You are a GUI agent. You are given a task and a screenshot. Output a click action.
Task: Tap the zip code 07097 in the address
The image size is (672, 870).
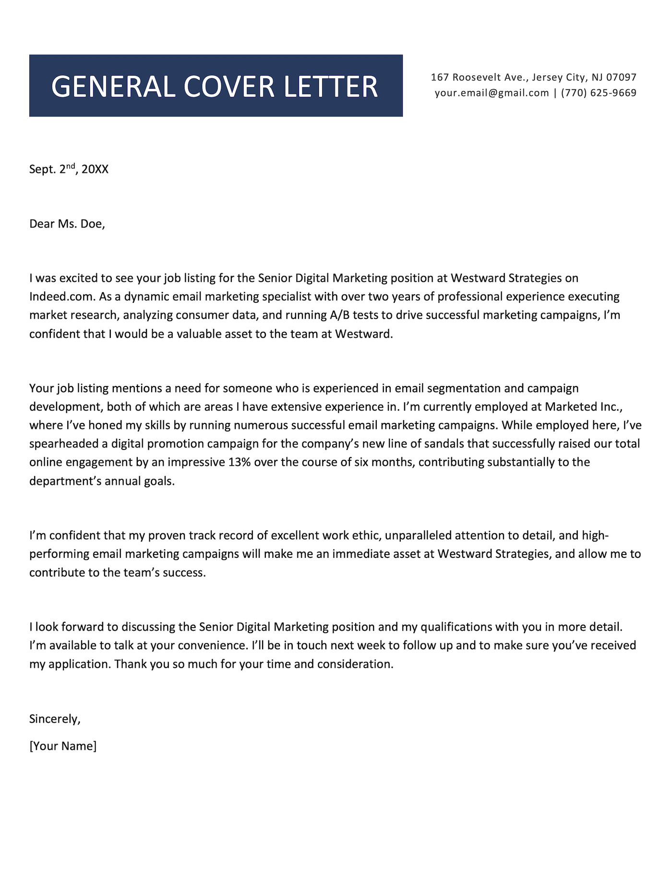[621, 77]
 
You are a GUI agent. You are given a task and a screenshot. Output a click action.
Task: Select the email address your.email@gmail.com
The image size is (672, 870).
[492, 93]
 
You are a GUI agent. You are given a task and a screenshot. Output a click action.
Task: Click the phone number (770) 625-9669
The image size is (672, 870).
[599, 93]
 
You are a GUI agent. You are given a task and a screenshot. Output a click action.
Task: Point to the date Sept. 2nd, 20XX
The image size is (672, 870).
[69, 169]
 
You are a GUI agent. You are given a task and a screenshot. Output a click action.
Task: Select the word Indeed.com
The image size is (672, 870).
[62, 297]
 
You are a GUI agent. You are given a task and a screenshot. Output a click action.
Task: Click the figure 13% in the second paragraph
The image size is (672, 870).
[240, 463]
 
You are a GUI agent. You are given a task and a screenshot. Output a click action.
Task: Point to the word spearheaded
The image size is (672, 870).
[61, 444]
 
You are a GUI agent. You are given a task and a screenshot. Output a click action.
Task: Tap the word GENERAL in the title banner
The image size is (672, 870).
[113, 87]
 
